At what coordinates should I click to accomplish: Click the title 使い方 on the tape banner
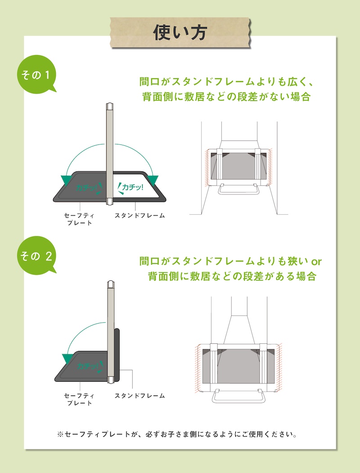(x=180, y=32)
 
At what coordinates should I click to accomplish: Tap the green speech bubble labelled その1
(x=36, y=74)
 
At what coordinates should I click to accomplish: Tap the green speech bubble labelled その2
(x=36, y=255)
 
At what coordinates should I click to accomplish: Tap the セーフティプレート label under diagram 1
(x=79, y=219)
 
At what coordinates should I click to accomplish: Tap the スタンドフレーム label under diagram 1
(x=139, y=216)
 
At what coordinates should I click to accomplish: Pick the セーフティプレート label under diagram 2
(x=79, y=399)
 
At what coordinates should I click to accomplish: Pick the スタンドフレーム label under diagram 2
(x=139, y=396)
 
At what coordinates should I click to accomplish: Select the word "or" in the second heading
(x=316, y=261)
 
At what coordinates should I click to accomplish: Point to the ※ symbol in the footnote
(x=60, y=435)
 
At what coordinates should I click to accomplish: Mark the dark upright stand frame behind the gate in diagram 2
(x=117, y=355)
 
